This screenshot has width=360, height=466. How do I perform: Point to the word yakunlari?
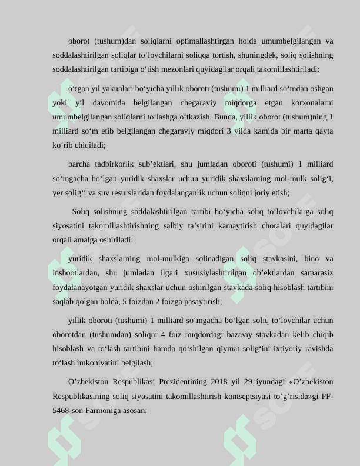112,89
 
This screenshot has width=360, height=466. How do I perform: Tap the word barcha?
80,164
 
